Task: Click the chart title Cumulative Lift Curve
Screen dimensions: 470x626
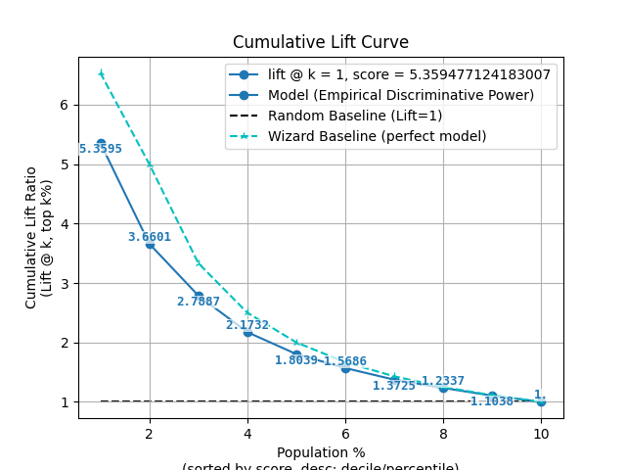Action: [x=321, y=42]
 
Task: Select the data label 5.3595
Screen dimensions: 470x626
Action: [x=101, y=150]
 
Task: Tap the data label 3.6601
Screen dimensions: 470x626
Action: [x=150, y=237]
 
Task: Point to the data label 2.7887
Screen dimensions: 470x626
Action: [x=199, y=302]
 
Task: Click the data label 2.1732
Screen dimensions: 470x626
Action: [x=247, y=325]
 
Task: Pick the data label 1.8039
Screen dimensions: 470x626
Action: [x=296, y=360]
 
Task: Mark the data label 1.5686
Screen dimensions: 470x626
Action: [x=345, y=361]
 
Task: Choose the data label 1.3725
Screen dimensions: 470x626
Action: [x=394, y=386]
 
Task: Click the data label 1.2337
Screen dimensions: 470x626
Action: [x=443, y=381]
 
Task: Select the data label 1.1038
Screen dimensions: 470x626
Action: [x=492, y=401]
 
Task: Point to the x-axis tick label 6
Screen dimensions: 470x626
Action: [x=345, y=434]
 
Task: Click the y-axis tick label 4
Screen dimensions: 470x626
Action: [x=62, y=224]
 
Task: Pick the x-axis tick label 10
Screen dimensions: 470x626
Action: [x=541, y=434]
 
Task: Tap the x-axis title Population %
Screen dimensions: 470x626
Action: [x=321, y=452]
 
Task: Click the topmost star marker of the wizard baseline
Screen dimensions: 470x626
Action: [x=101, y=73]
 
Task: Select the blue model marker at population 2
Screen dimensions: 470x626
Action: [x=150, y=244]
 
